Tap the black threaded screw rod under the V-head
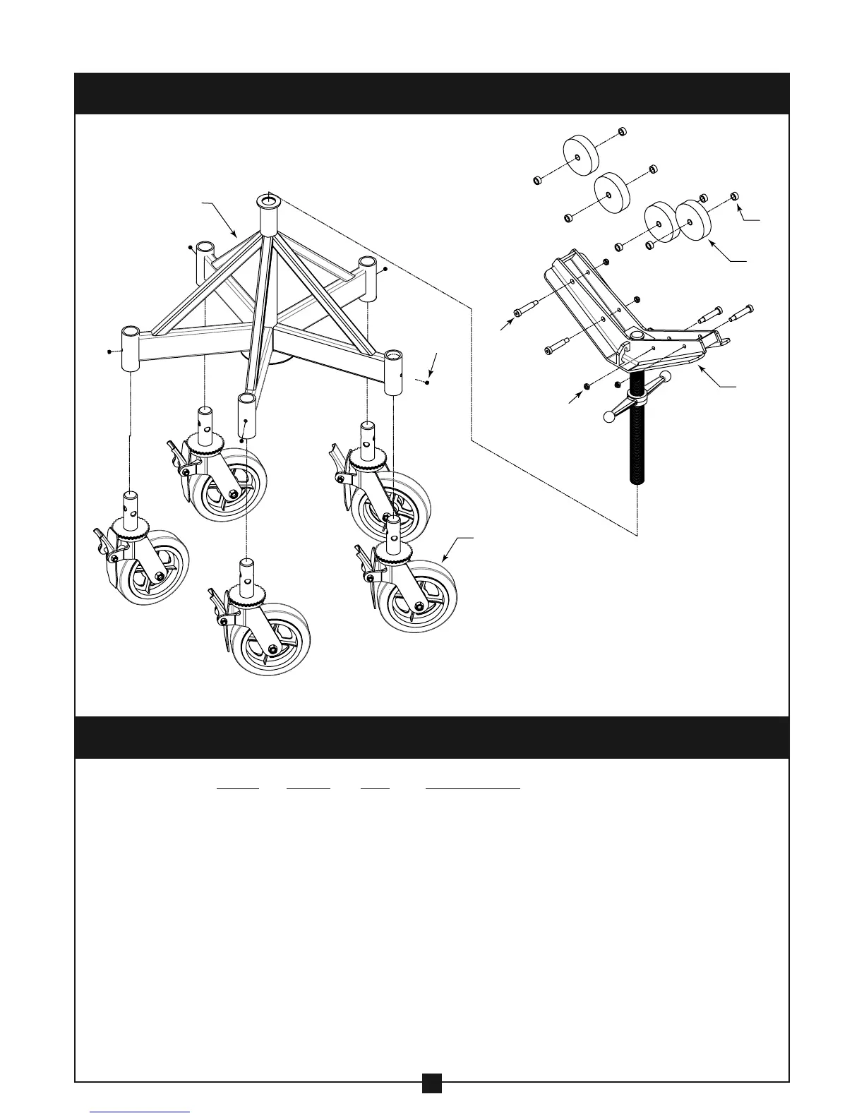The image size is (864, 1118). pyautogui.click(x=637, y=438)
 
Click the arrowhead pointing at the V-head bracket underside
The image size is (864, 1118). pyautogui.click(x=701, y=368)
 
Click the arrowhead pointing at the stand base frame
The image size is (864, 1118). pyautogui.click(x=236, y=233)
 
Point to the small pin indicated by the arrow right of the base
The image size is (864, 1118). pyautogui.click(x=428, y=382)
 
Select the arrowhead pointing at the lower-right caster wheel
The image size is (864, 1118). pyautogui.click(x=445, y=559)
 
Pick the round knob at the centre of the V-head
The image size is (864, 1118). pyautogui.click(x=637, y=334)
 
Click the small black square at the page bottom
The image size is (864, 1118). pyautogui.click(x=432, y=1102)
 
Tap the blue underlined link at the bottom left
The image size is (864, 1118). pyautogui.click(x=140, y=1113)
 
